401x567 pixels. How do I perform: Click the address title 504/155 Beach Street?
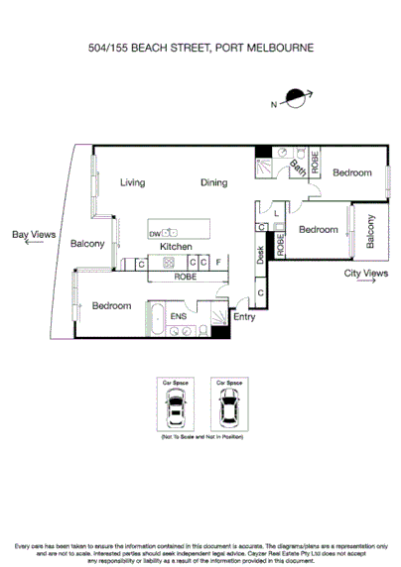pyautogui.click(x=200, y=47)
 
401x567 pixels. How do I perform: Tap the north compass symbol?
pyautogui.click(x=294, y=97)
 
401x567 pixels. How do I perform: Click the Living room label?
pyautogui.click(x=133, y=182)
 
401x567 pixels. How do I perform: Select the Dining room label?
pyautogui.click(x=213, y=182)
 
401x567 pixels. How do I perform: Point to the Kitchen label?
pyautogui.click(x=176, y=246)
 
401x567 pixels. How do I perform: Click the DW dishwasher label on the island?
pyautogui.click(x=155, y=233)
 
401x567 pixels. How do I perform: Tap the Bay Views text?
pyautogui.click(x=33, y=235)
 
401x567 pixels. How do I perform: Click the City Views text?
pyautogui.click(x=364, y=274)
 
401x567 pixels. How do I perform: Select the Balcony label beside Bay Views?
pyautogui.click(x=87, y=244)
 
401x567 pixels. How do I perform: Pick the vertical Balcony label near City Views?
pyautogui.click(x=370, y=232)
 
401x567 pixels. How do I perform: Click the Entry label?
pyautogui.click(x=244, y=317)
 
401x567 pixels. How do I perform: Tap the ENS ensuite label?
pyautogui.click(x=179, y=317)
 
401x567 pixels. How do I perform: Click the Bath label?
pyautogui.click(x=298, y=169)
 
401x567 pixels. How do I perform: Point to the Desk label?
pyautogui.click(x=260, y=256)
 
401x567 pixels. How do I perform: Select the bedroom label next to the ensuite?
pyautogui.click(x=111, y=306)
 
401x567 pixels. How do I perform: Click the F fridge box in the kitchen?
pyautogui.click(x=218, y=263)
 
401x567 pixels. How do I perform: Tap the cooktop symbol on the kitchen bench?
pyautogui.click(x=170, y=263)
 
